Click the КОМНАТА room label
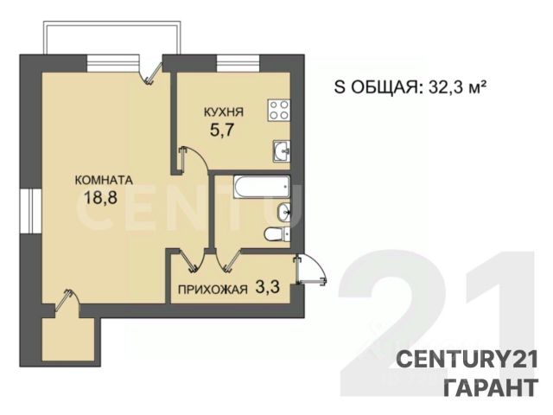104,180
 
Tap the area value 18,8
100,198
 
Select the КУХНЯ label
224,112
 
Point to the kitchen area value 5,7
222,131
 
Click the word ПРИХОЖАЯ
213,290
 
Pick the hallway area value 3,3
267,288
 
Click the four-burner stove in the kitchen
278,110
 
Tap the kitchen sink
282,151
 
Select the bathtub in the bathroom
261,187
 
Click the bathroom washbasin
284,213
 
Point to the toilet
276,234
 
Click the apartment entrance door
310,270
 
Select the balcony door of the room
151,73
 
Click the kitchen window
238,63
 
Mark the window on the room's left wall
31,211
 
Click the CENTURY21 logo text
467,360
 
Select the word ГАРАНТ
491,387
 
